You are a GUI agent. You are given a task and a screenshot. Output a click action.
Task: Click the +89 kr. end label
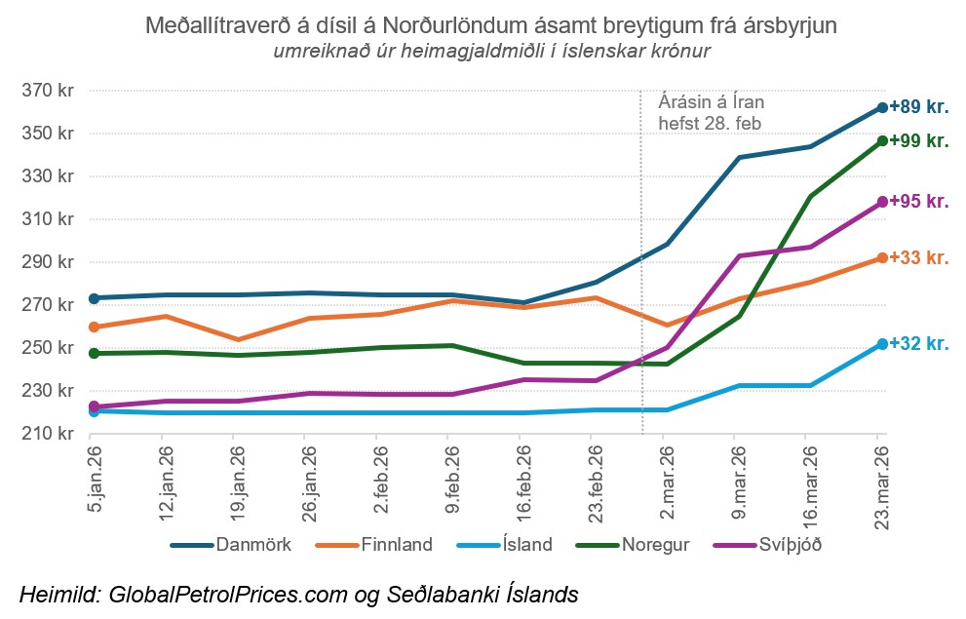pos(919,106)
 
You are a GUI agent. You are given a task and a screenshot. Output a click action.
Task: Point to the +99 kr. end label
pos(919,140)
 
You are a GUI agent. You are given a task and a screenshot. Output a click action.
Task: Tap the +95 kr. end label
pos(919,201)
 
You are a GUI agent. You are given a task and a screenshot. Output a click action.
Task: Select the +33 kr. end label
pos(919,257)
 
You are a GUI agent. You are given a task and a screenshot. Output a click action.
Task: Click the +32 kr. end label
pos(919,343)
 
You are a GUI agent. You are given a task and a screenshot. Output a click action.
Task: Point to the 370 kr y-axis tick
pos(51,91)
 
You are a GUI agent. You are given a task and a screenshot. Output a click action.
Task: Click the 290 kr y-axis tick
pos(51,261)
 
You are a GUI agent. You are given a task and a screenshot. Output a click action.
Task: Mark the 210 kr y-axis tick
pos(51,433)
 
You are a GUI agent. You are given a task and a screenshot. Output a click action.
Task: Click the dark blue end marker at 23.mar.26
pos(881,107)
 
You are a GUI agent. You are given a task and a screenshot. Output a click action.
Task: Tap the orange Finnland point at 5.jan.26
pos(95,327)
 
